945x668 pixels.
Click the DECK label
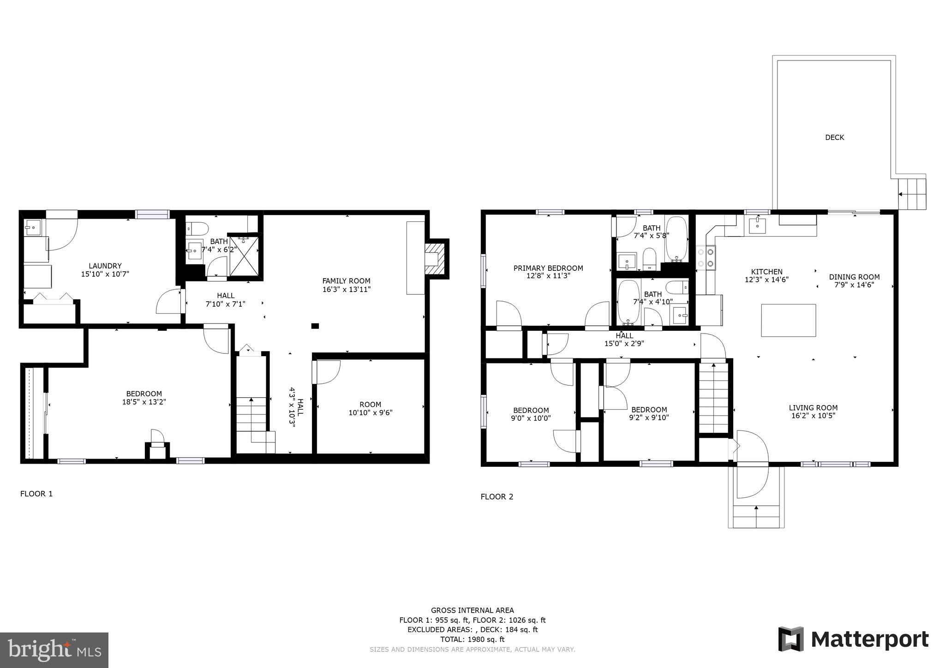tap(834, 137)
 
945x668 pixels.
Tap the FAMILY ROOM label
tap(346, 281)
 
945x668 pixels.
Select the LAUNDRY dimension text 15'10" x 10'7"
tap(105, 274)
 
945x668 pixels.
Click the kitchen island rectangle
tap(788, 320)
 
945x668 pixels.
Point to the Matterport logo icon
tap(791, 639)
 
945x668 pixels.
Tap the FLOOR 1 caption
tap(36, 494)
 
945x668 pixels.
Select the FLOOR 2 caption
tap(497, 496)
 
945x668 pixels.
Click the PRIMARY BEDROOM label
tap(548, 268)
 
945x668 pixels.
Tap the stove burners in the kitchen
tap(706, 257)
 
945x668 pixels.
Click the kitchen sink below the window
tap(757, 226)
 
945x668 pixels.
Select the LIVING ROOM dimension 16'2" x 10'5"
tap(813, 416)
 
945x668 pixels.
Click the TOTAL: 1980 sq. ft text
tap(472, 639)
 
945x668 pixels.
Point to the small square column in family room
tap(315, 326)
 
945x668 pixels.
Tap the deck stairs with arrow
tap(912, 194)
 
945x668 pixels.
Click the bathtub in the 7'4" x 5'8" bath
tap(676, 239)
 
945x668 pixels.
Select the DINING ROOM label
tap(854, 277)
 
